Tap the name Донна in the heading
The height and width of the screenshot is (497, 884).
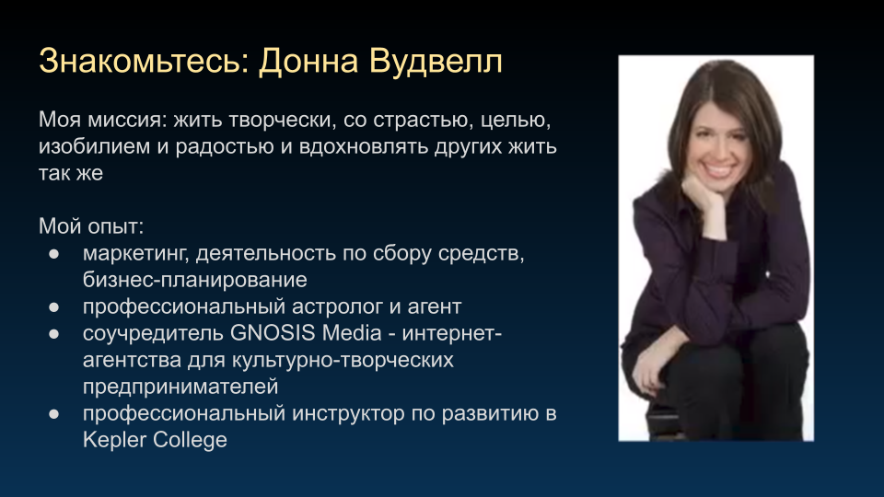[308, 61]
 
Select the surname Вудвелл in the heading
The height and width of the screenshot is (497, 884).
[436, 61]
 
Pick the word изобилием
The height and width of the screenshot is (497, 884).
[94, 146]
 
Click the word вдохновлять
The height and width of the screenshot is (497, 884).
[363, 146]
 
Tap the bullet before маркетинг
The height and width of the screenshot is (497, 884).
[54, 254]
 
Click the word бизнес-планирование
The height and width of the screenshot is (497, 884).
[194, 280]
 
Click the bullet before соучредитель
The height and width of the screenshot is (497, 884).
[54, 334]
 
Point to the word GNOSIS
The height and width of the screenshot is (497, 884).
[273, 333]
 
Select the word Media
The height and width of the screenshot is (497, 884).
[352, 333]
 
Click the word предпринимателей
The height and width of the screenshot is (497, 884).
[180, 387]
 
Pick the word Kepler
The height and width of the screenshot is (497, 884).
[114, 440]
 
